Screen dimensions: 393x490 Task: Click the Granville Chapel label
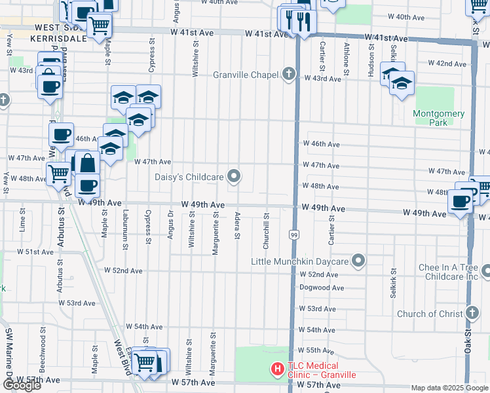tap(246, 75)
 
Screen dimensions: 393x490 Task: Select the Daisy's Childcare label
tap(189, 176)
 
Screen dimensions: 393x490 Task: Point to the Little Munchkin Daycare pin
tap(358, 261)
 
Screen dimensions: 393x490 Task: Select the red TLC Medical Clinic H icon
tap(278, 370)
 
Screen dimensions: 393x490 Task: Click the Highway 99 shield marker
tap(293, 234)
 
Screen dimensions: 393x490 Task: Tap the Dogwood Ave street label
tap(322, 288)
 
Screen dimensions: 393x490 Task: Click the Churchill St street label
tap(266, 230)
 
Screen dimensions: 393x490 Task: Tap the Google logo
tap(22, 384)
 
